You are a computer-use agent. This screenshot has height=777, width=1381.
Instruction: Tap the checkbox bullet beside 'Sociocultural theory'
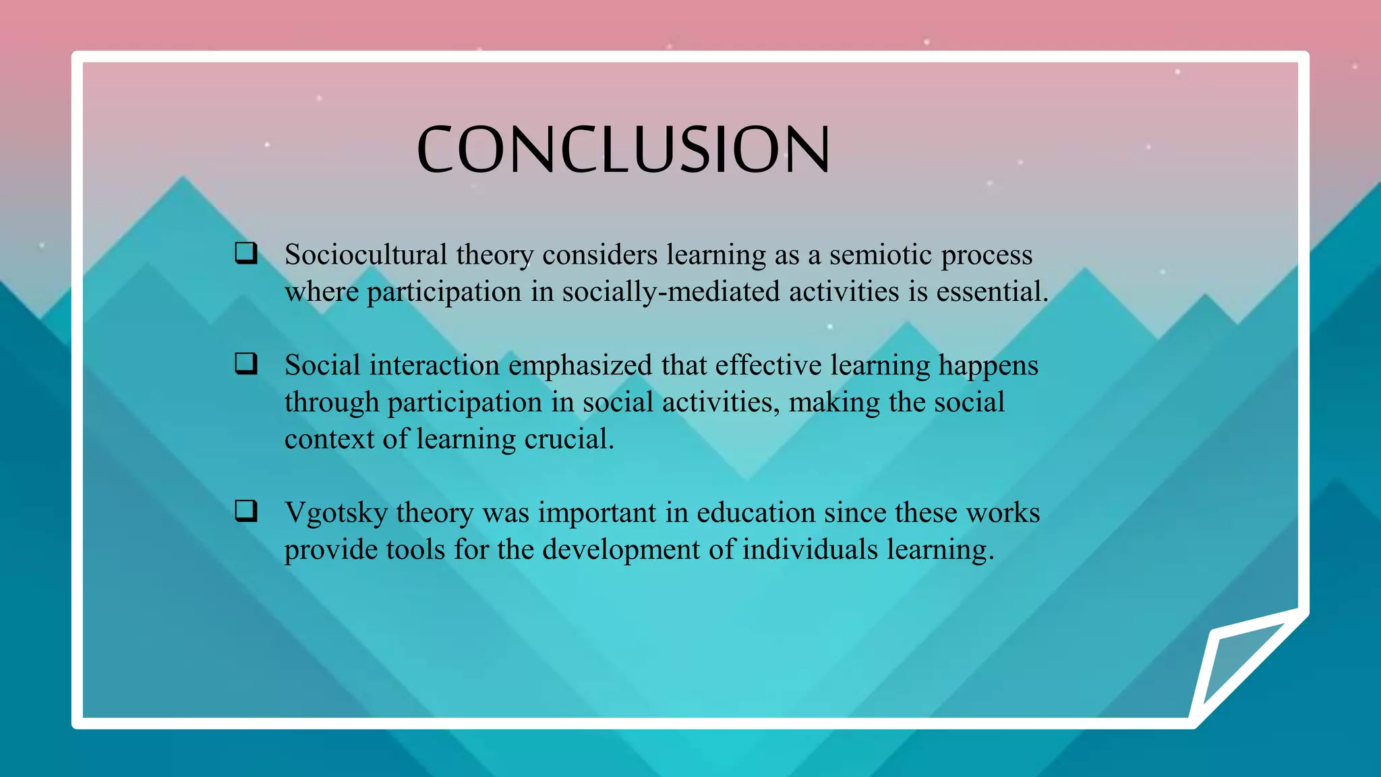(246, 253)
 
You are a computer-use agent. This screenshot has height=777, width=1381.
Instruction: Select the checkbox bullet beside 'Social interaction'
(246, 364)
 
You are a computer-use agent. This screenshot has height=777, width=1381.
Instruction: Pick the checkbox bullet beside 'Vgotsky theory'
(246, 511)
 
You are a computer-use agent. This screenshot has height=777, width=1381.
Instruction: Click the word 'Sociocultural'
(366, 255)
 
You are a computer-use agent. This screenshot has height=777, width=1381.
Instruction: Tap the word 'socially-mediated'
(671, 292)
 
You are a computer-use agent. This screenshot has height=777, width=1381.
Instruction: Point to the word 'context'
(329, 440)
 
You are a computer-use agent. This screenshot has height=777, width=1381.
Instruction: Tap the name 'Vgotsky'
(336, 513)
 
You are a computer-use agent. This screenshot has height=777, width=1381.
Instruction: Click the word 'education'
(756, 513)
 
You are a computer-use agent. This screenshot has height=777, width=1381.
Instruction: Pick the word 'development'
(621, 550)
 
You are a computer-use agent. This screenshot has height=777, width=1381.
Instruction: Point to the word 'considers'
(599, 255)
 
